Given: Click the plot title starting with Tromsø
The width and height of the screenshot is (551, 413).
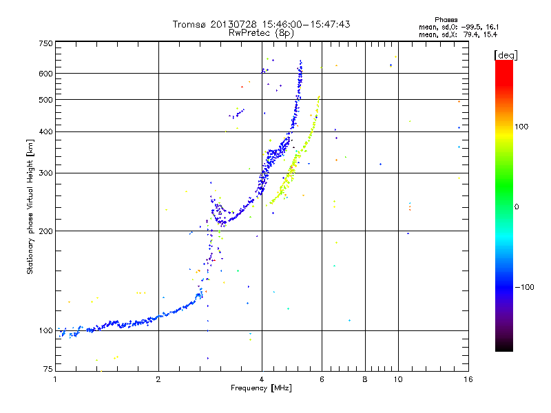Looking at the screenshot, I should [x=261, y=24].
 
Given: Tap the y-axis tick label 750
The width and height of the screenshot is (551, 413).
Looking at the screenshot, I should [x=45, y=43].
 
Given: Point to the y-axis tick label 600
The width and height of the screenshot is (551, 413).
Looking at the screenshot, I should [x=45, y=74].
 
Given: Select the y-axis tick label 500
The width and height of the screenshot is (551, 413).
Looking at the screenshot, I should [x=45, y=100].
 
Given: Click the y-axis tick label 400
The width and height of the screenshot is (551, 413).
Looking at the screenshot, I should [x=45, y=131].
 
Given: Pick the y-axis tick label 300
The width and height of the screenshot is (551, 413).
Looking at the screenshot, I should [x=45, y=173].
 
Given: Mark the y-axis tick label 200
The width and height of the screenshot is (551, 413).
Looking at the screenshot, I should [x=45, y=231].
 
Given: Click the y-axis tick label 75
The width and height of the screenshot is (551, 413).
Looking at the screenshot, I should [x=48, y=370].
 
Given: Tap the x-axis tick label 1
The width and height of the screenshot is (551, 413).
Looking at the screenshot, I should [x=55, y=379].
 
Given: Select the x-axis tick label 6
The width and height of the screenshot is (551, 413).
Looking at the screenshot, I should [x=322, y=379].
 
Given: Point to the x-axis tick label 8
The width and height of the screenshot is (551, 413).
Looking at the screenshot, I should [x=364, y=379].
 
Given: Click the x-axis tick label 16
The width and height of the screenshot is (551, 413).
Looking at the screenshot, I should [x=466, y=379].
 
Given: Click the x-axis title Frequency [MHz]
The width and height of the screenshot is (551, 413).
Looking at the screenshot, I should [x=260, y=388].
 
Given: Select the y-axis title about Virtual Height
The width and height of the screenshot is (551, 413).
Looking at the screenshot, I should [x=30, y=206].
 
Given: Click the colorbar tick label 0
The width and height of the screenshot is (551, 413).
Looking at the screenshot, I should [x=517, y=206].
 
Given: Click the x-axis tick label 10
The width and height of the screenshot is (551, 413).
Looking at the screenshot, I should [x=397, y=379].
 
